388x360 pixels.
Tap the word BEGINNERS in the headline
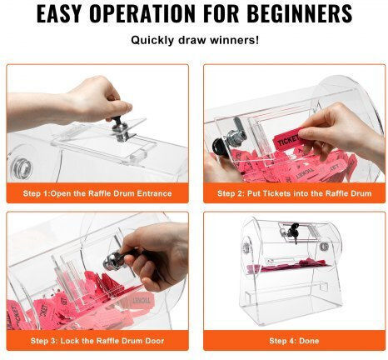(x=300, y=13)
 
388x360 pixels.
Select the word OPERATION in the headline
(x=142, y=13)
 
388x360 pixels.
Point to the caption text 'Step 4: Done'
(x=294, y=341)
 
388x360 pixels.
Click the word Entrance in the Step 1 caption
(x=154, y=193)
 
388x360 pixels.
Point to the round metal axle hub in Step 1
(x=21, y=167)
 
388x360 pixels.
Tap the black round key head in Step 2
(x=219, y=147)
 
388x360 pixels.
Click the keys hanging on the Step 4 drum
(x=293, y=232)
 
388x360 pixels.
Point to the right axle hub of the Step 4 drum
(x=324, y=246)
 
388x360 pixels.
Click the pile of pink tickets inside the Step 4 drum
(x=288, y=266)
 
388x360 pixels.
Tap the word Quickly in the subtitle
(x=153, y=40)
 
